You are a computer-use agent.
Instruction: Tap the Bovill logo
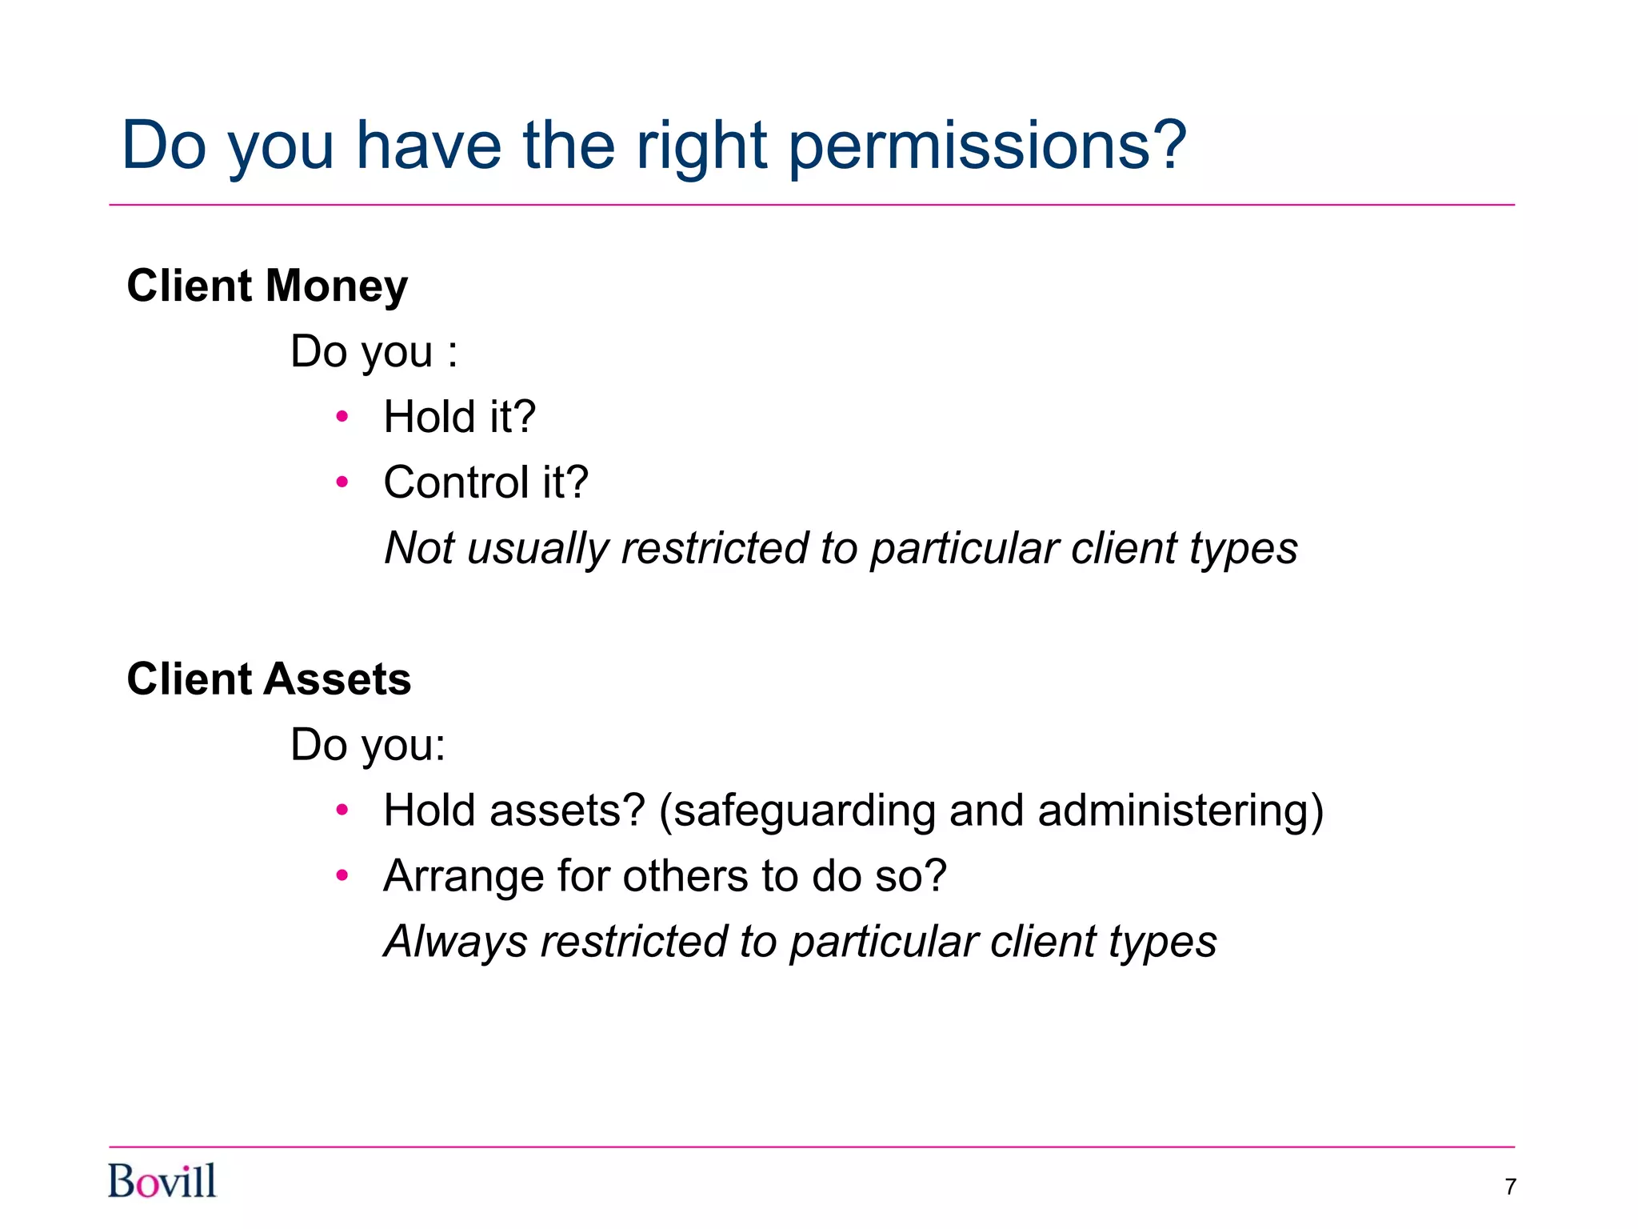[162, 1182]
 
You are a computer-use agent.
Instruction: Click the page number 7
[1510, 1187]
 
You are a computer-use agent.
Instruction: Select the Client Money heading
[267, 286]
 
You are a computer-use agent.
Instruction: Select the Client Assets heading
[269, 679]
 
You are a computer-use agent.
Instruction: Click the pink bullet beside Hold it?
[342, 417]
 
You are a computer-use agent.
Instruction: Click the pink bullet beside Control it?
[342, 482]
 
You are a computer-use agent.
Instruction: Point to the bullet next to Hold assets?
[342, 811]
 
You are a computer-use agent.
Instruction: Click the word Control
[456, 482]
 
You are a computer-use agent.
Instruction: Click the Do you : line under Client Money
[374, 352]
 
